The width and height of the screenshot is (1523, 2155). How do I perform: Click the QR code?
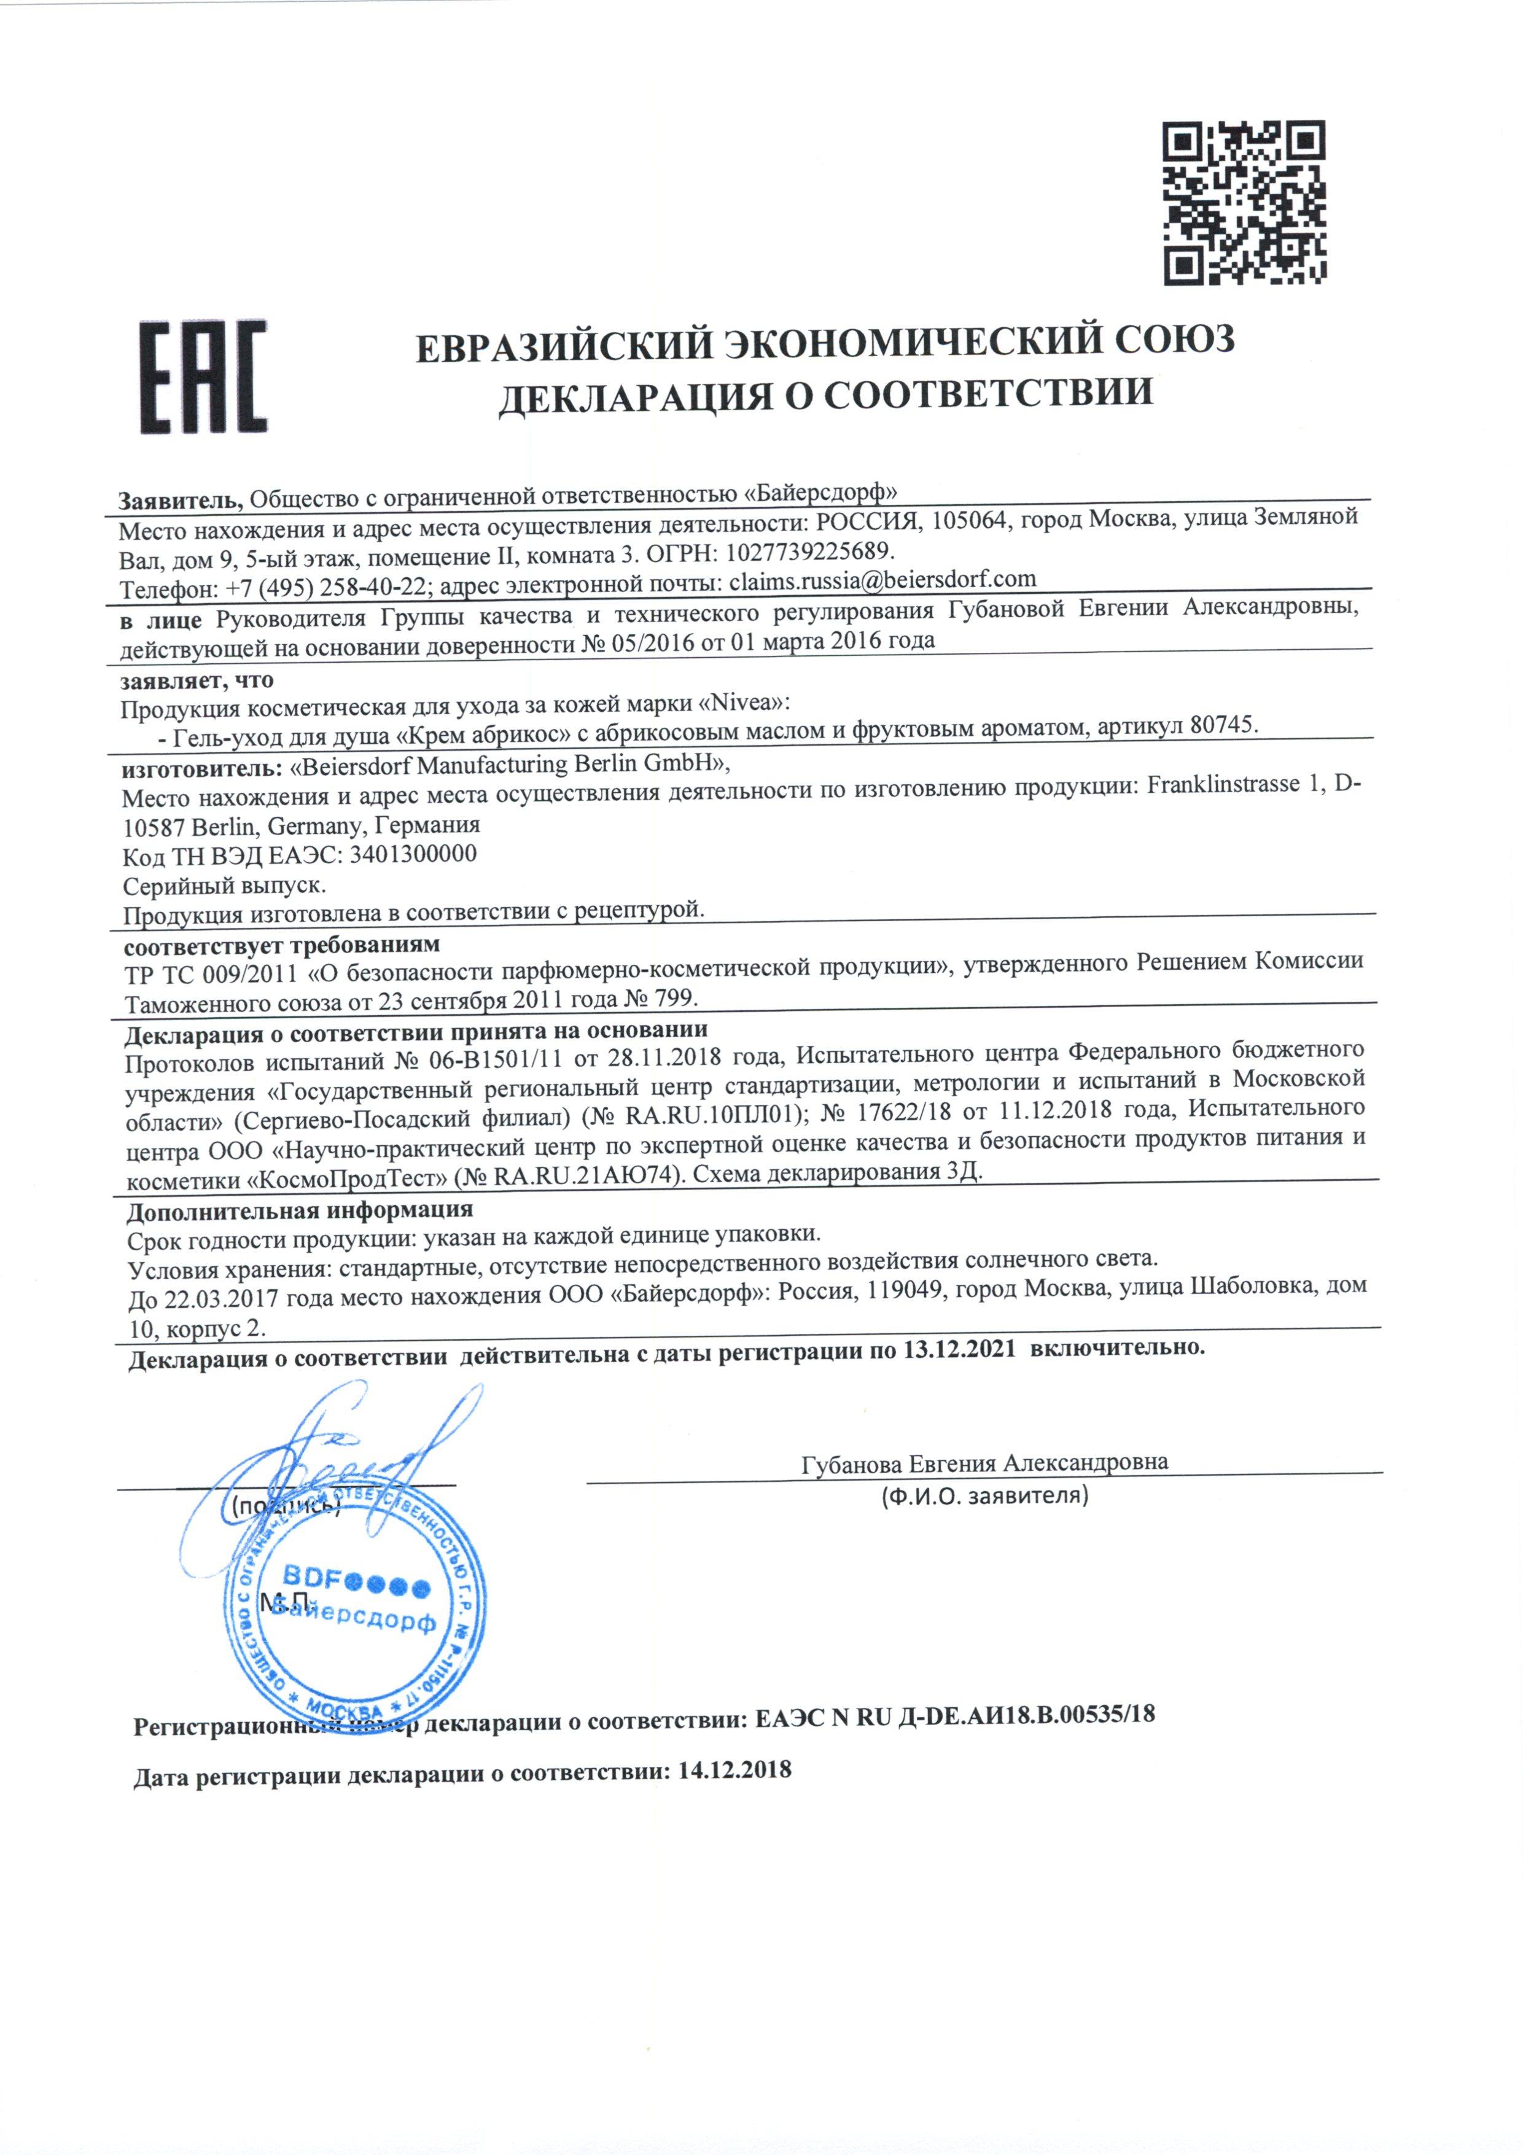[1244, 203]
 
